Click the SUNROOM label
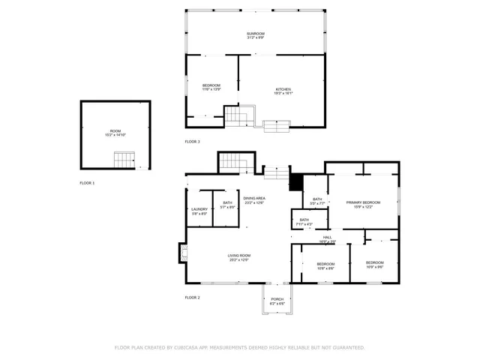click(x=255, y=34)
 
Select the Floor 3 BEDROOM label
click(x=211, y=86)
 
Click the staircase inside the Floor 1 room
click(x=124, y=159)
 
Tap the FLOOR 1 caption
click(x=88, y=183)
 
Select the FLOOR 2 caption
click(x=193, y=298)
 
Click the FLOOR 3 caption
click(x=193, y=142)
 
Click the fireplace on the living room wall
click(x=182, y=253)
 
